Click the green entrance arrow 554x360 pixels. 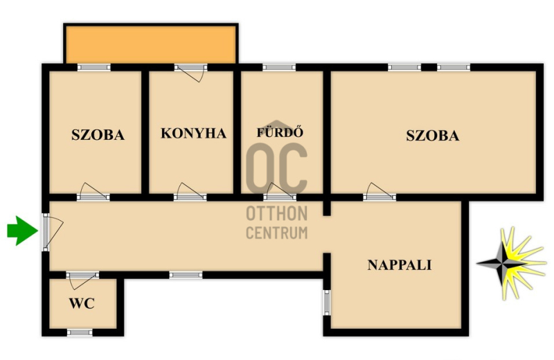22,231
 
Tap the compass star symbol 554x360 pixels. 511,264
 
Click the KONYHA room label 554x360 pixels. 193,133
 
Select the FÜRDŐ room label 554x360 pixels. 280,132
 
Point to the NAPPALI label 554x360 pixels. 400,265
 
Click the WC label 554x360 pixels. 82,303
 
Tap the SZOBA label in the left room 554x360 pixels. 98,135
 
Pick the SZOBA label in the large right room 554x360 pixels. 432,136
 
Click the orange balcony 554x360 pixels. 151,44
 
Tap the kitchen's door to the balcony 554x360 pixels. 191,72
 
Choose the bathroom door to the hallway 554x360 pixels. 280,192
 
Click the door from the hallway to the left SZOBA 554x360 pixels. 93,192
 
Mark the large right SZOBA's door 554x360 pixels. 379,192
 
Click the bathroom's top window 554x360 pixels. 279,67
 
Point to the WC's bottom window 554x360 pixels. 80,332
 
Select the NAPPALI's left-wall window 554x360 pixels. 327,303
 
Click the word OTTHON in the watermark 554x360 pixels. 276,214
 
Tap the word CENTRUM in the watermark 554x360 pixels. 276,233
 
